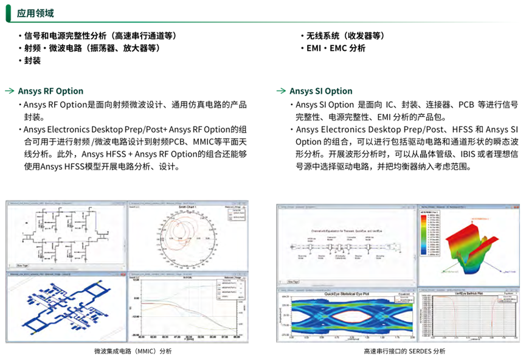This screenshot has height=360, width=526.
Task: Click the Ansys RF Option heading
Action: coord(50,91)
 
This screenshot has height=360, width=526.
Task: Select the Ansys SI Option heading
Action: coord(320,91)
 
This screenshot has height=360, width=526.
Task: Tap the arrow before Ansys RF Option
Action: coord(10,91)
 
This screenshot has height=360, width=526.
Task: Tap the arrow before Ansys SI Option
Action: coord(280,91)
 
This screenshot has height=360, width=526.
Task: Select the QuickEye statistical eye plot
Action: coord(347,318)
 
